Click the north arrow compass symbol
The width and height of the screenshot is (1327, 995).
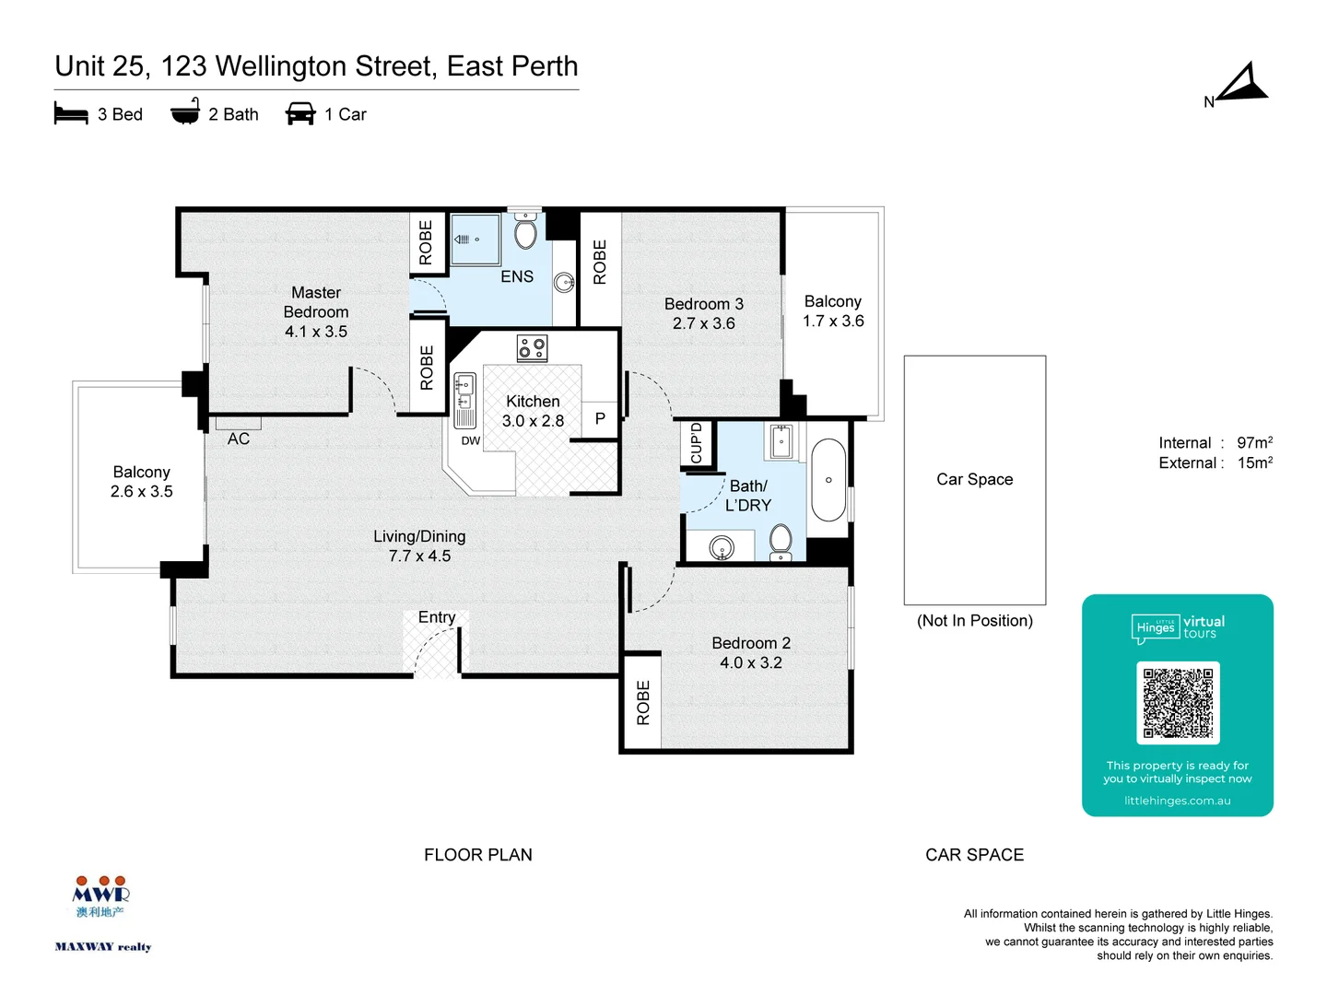tap(1244, 85)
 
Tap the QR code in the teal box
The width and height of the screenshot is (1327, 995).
tap(1178, 703)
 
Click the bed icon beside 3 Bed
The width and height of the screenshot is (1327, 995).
tap(71, 114)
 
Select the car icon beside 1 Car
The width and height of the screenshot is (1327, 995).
tap(300, 114)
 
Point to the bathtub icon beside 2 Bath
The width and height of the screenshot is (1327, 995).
tap(185, 112)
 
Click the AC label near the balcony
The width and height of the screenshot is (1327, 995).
tap(239, 439)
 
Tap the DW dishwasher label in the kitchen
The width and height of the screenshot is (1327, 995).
tap(471, 440)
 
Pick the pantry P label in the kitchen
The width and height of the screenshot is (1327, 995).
tap(600, 419)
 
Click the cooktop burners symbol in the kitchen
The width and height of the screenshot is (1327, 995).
tap(532, 347)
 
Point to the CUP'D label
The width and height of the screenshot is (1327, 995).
tap(697, 443)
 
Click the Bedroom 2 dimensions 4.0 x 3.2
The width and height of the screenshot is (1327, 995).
tap(751, 662)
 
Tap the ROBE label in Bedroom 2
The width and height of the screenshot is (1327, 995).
tap(643, 702)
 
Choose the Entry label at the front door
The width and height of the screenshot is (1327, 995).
tap(437, 617)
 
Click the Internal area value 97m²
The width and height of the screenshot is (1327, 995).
tap(1254, 443)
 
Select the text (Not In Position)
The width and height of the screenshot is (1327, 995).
tap(975, 621)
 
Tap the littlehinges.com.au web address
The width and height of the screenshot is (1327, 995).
tap(1177, 801)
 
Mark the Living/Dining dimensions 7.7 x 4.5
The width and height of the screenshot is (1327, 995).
tap(419, 556)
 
